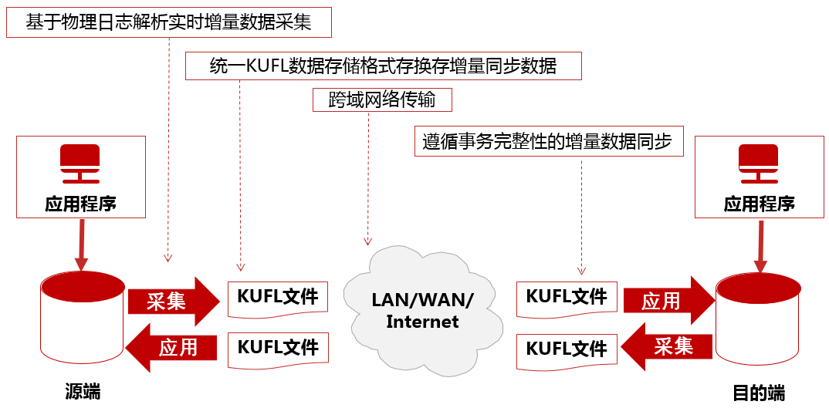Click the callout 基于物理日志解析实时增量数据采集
[x=169, y=22]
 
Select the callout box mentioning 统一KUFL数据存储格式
[x=383, y=66]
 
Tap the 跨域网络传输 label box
[x=382, y=100]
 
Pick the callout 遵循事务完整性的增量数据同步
[x=549, y=142]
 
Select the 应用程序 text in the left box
[x=80, y=204]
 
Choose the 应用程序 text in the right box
[x=759, y=204]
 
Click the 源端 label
[x=83, y=391]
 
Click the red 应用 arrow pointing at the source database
[x=171, y=348]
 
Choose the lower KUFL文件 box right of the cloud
[x=567, y=349]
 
